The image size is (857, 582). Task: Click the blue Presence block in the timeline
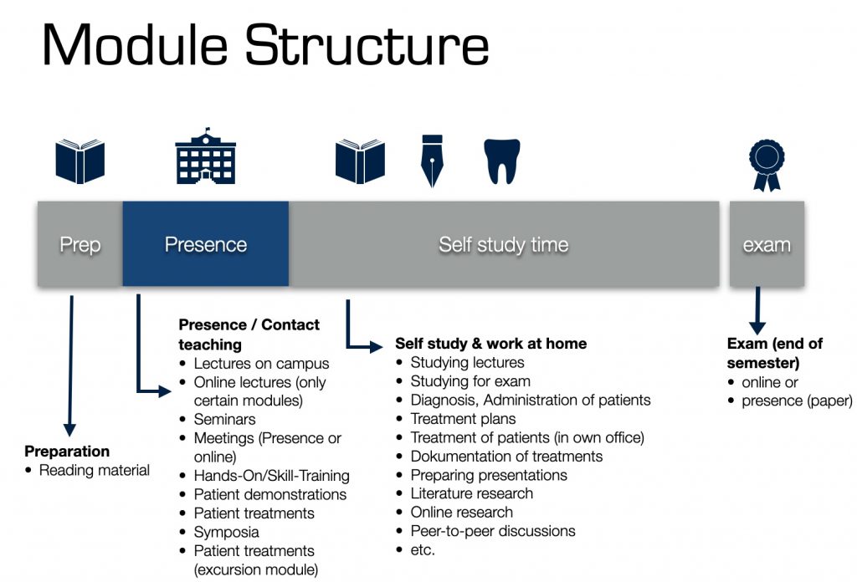pos(205,244)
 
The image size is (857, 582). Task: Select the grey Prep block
pos(80,244)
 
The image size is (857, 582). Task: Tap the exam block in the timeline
pos(767,244)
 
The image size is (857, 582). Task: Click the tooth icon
pos(502,161)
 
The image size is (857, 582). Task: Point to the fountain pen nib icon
pos(431,161)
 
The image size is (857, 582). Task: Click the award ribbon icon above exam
pos(767,164)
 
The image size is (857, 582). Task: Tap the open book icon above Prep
pos(80,161)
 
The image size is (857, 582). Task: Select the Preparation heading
pos(67,452)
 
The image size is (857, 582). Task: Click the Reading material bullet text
pos(95,470)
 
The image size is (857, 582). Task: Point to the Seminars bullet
pos(224,419)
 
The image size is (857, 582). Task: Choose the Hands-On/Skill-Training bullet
pos(271,475)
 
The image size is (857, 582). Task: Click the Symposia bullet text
pos(226,532)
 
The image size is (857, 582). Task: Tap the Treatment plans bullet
pos(463,419)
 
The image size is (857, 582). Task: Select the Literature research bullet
pos(471,493)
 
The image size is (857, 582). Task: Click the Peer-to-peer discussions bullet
pos(492,531)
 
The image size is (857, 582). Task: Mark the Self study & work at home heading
pos(490,344)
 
